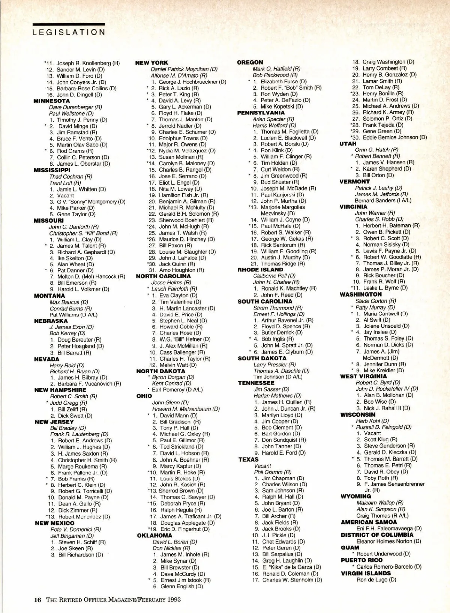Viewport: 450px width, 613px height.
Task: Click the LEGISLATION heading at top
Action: point(69,32)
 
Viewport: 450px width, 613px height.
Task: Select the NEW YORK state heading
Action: point(151,63)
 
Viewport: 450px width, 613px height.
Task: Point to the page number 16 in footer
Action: point(37,599)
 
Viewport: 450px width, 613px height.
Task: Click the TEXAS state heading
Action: point(248,459)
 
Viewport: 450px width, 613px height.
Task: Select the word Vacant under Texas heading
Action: point(262,465)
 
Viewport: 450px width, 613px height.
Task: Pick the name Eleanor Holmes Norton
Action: point(388,541)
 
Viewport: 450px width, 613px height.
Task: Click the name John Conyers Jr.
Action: point(81,82)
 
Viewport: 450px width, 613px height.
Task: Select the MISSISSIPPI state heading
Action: point(52,170)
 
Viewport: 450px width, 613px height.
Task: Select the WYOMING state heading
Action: point(355,496)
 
